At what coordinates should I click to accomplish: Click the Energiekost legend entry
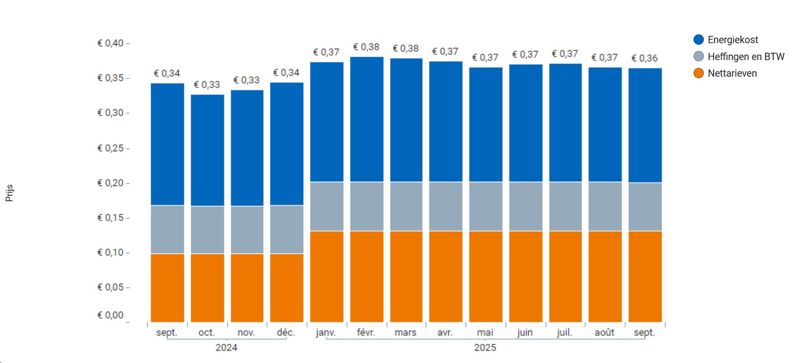[732, 40]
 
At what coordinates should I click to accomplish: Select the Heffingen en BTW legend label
[746, 56]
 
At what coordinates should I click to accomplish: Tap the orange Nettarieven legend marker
[698, 73]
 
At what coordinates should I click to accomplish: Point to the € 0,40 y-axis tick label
[111, 43]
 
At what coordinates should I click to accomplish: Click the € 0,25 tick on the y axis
[111, 148]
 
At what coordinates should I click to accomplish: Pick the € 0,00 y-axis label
[111, 315]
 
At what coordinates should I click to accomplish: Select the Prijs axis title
[9, 193]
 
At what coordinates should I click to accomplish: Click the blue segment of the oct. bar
[207, 150]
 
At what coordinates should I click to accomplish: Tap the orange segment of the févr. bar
[366, 276]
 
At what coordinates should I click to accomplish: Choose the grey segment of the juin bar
[525, 206]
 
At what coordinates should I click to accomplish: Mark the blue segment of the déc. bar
[287, 144]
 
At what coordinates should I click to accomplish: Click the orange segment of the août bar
[605, 276]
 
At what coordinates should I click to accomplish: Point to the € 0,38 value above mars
[406, 48]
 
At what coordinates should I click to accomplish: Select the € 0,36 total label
[645, 58]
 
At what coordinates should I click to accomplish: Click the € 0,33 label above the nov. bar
[246, 80]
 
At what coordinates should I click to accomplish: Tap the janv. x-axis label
[326, 333]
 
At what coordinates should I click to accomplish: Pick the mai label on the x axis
[485, 333]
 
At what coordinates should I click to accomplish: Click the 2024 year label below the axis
[226, 347]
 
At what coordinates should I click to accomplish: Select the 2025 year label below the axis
[485, 347]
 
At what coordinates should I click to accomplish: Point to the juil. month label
[564, 333]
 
